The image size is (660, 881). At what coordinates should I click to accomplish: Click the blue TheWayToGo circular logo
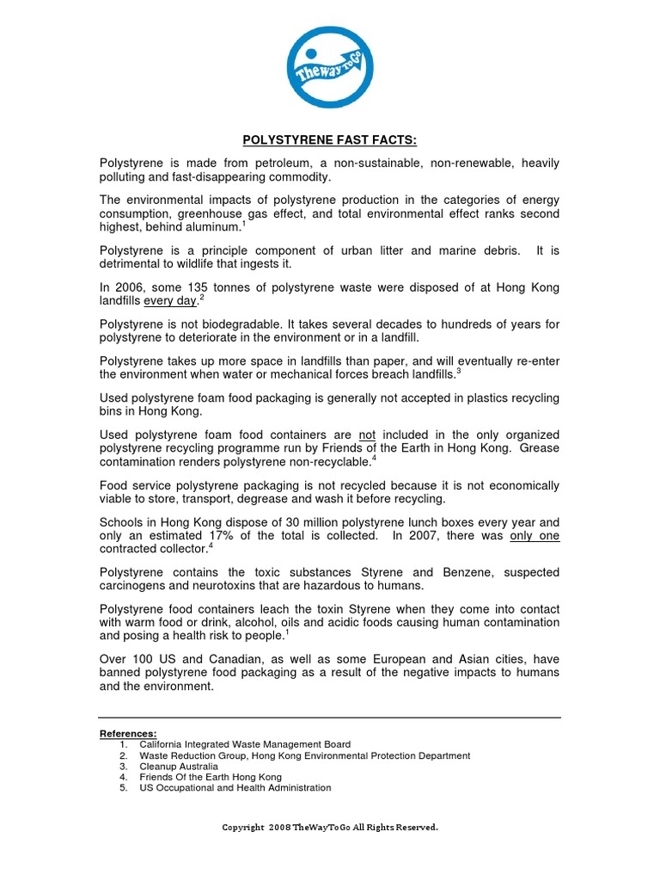(329, 68)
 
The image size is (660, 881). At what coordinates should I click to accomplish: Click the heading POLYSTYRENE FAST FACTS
(329, 140)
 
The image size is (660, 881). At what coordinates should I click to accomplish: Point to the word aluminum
(213, 227)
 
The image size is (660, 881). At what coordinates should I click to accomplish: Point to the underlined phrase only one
(535, 535)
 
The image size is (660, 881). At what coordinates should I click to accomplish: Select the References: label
(128, 733)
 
